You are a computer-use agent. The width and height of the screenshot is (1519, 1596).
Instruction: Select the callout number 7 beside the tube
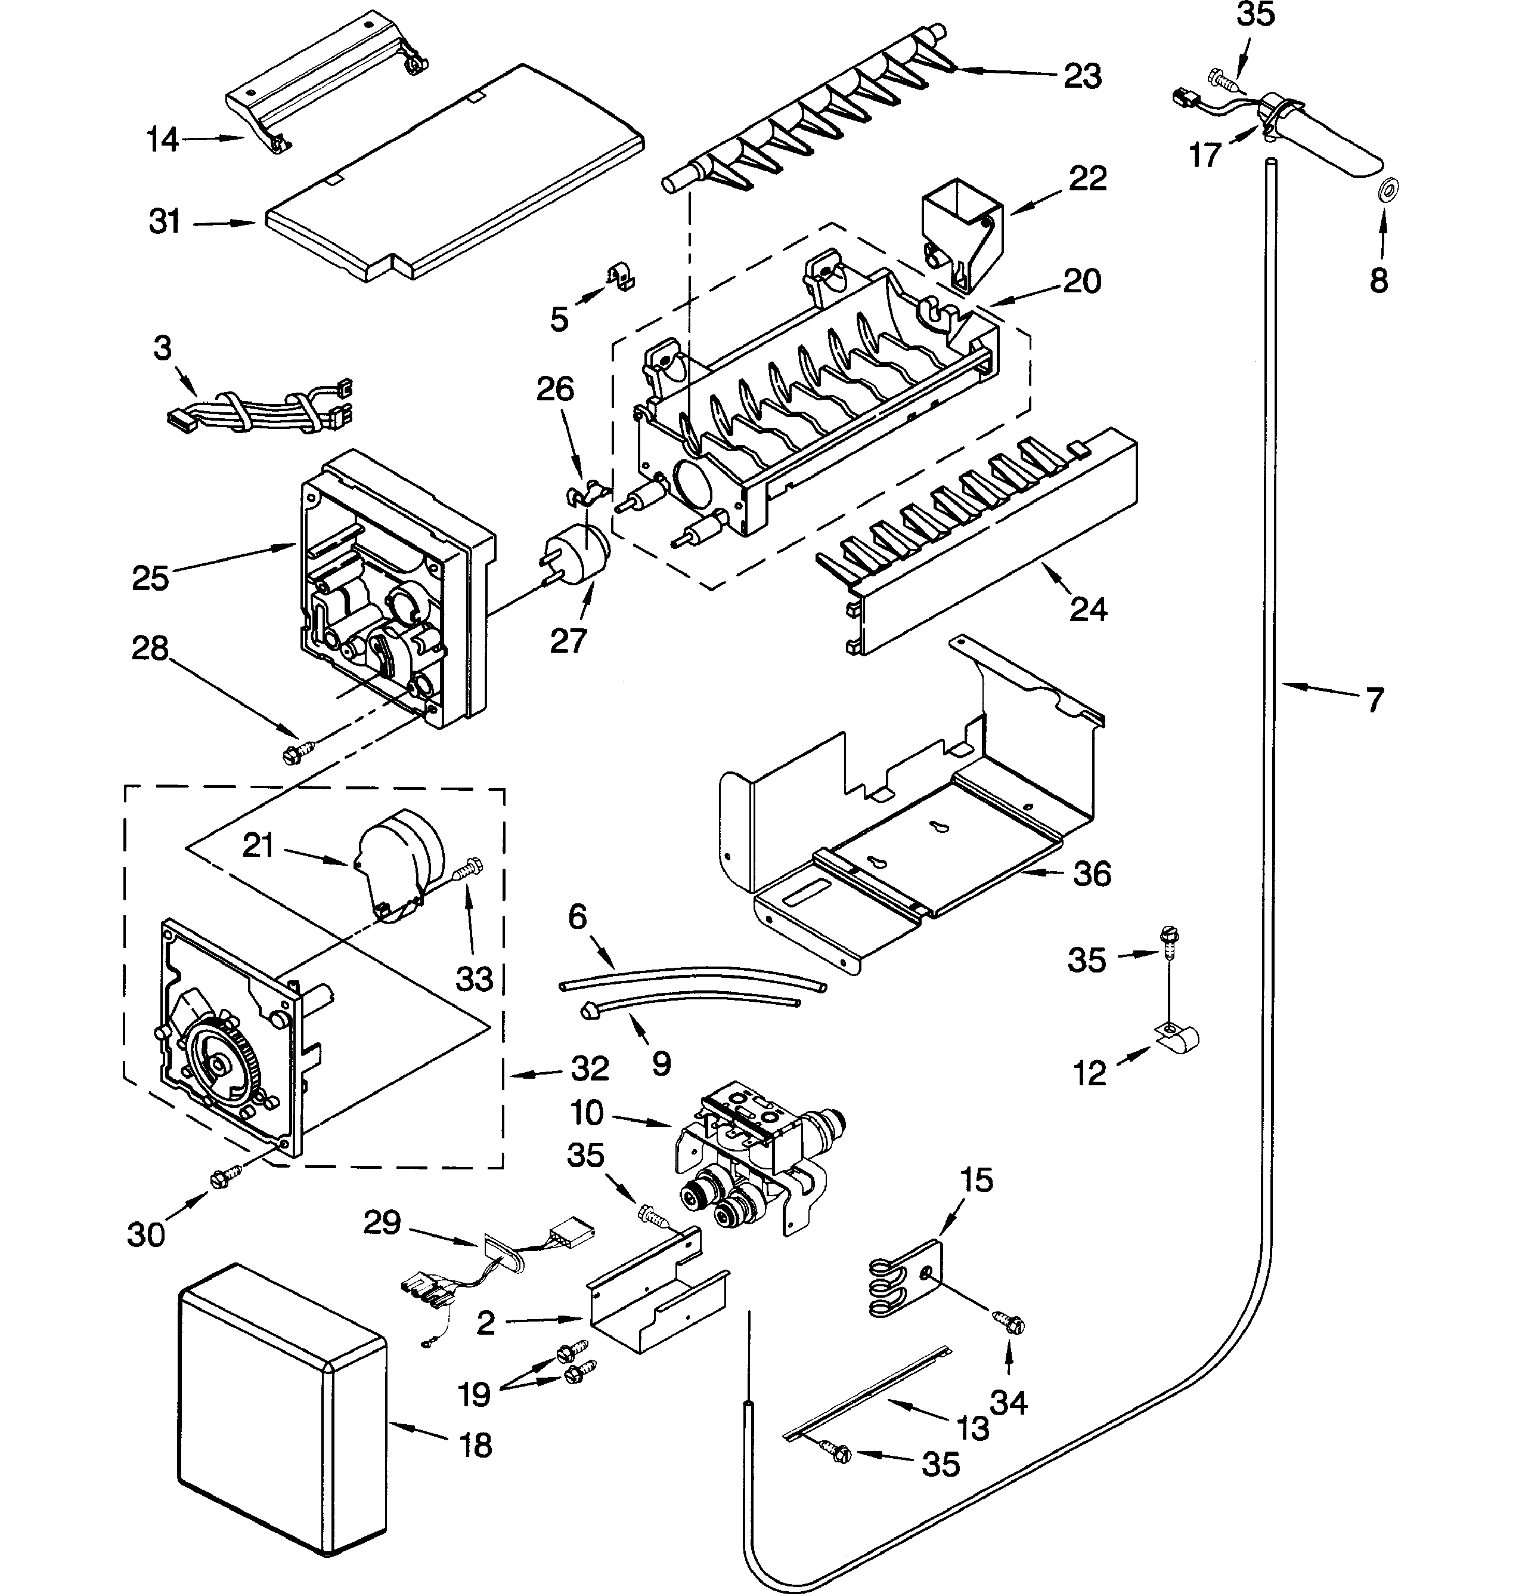1374,700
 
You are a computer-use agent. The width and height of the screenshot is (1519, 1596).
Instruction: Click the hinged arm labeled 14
324,81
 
